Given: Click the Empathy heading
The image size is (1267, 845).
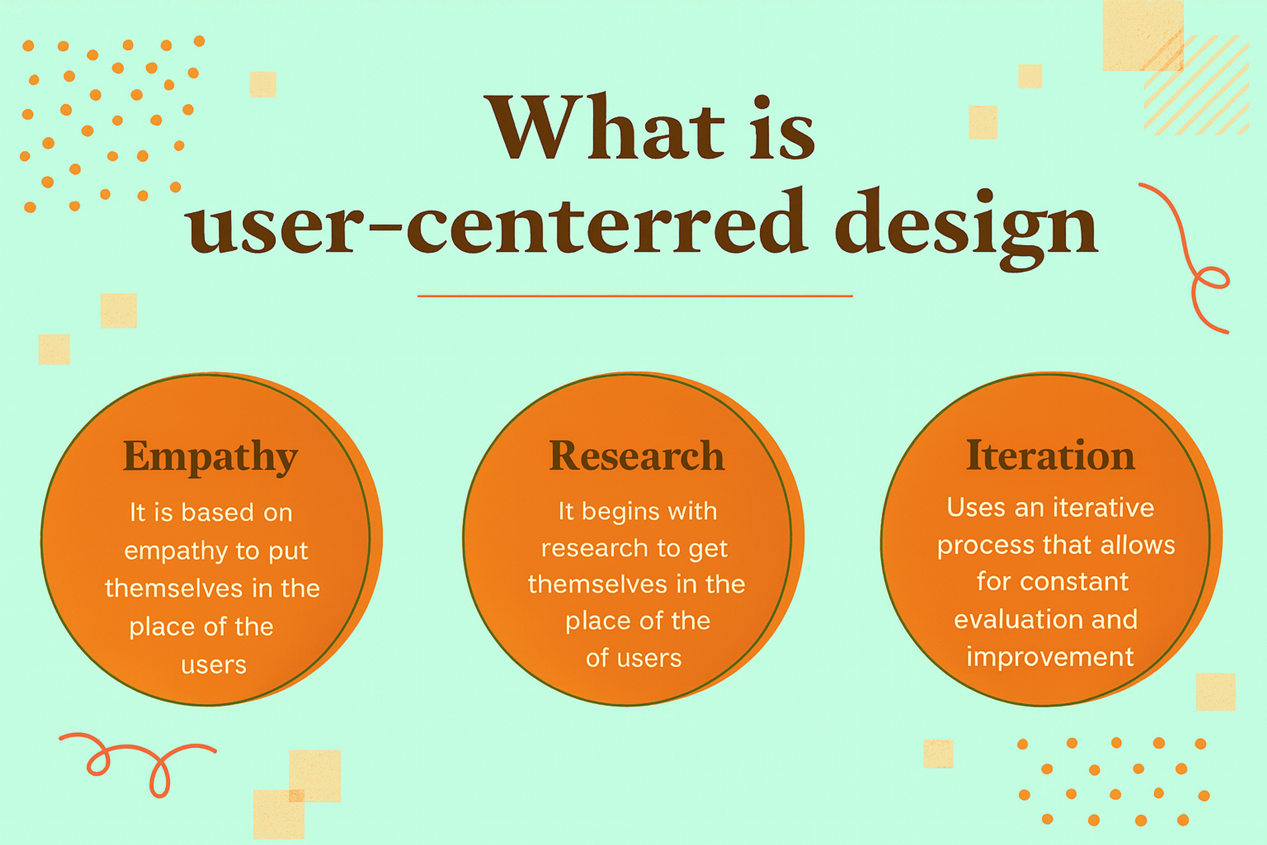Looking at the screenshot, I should coord(210,457).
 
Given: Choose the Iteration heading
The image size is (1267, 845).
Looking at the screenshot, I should coord(1051,456).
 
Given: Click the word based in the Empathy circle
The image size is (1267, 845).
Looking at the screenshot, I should coord(217,513).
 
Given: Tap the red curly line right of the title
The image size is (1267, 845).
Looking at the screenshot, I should coord(1190,259).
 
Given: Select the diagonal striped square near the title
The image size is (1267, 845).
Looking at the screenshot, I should coord(1197,86).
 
